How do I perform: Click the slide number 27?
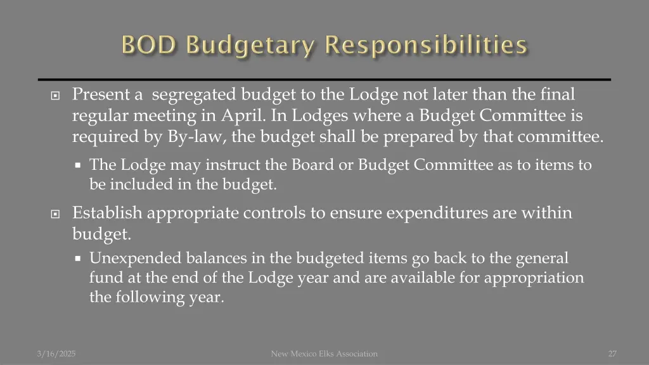pos(612,354)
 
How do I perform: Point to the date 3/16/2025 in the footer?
pos(56,354)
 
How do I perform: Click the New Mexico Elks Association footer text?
pos(324,354)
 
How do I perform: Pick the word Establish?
pos(107,213)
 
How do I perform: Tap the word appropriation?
pos(534,278)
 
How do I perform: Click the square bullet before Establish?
pos(55,214)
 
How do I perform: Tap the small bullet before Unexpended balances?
pos(77,259)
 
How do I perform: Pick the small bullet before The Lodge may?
pos(77,166)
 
